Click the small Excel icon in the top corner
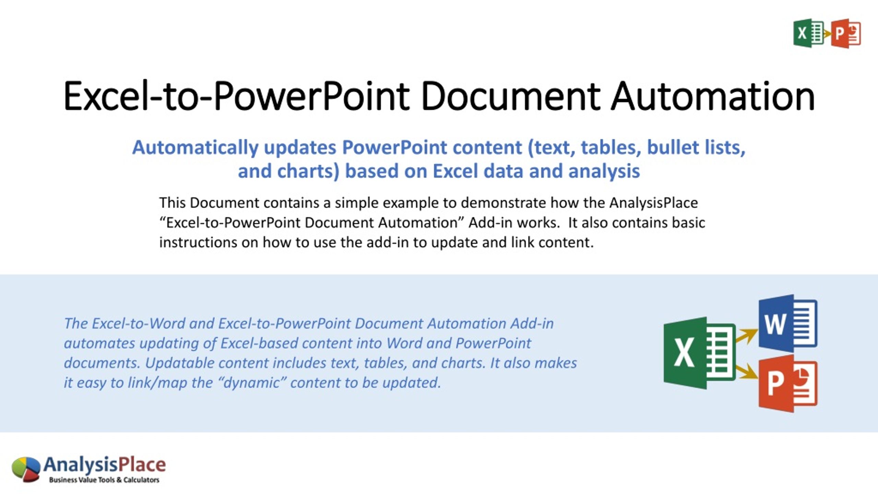pyautogui.click(x=808, y=33)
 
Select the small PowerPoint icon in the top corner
pyautogui.click(x=846, y=34)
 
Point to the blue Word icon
pyautogui.click(x=788, y=323)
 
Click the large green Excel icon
pyautogui.click(x=700, y=353)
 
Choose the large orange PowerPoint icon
pyautogui.click(x=788, y=384)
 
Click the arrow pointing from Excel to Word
pyautogui.click(x=746, y=335)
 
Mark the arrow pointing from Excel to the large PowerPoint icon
pyautogui.click(x=746, y=372)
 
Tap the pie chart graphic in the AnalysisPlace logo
pyautogui.click(x=26, y=469)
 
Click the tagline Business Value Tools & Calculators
pyautogui.click(x=104, y=480)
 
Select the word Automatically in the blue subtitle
pyautogui.click(x=195, y=148)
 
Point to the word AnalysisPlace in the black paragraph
pyautogui.click(x=653, y=203)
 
